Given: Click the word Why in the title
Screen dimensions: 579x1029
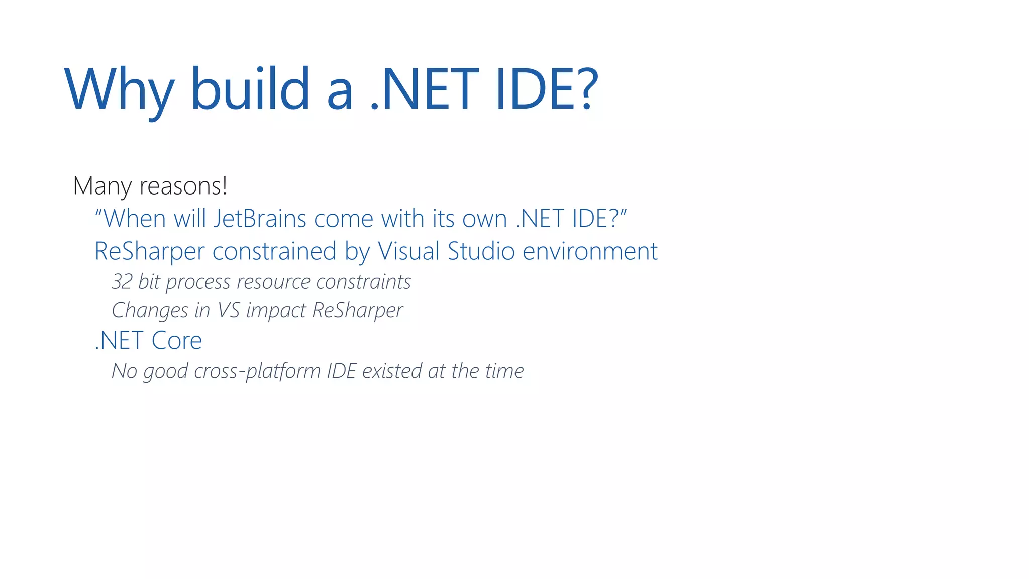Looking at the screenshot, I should [120, 90].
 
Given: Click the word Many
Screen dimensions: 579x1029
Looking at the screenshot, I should [102, 186].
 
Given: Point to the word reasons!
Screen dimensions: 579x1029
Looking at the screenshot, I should [183, 186].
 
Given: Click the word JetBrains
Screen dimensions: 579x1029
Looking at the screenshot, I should [260, 219].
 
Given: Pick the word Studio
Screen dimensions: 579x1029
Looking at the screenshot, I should [481, 251].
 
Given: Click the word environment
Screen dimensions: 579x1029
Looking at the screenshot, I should [590, 251].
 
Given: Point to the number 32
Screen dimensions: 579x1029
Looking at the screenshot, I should [122, 282].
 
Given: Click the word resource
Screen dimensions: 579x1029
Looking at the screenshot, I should [273, 282].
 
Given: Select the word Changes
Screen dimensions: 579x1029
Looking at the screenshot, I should [150, 310].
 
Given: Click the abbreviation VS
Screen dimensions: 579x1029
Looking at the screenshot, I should [228, 310].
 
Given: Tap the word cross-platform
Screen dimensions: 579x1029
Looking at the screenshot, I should [257, 371].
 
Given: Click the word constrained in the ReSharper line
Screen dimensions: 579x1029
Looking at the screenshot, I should [274, 251].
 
